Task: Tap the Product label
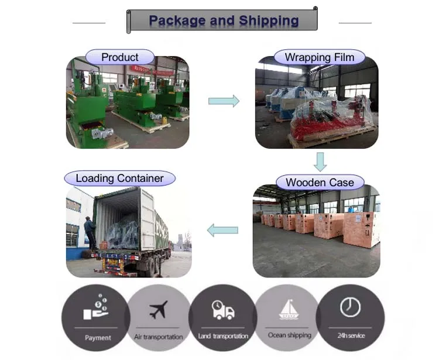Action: tap(120, 57)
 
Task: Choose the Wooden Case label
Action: tap(320, 183)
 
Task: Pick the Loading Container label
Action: tap(120, 179)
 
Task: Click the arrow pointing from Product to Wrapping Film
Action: tap(224, 101)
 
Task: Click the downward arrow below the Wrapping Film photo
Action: tap(320, 162)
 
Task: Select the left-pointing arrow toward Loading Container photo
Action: tap(223, 230)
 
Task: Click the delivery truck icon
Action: tap(222, 310)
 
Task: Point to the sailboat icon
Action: tap(289, 308)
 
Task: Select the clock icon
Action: tap(351, 307)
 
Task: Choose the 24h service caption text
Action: tap(352, 335)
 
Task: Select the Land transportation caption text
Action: tap(224, 336)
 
